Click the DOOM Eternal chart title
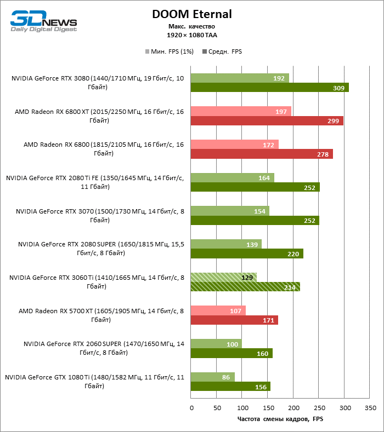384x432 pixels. click(192, 14)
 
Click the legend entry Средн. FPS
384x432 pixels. click(222, 51)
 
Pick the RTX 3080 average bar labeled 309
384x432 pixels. click(269, 88)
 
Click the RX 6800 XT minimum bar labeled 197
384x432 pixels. click(241, 111)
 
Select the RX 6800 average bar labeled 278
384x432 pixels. click(262, 154)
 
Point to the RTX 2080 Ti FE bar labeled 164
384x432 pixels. click(233, 177)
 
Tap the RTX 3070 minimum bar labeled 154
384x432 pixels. click(230, 211)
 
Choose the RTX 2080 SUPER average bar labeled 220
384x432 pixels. click(247, 254)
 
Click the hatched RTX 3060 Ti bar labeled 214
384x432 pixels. click(245, 286)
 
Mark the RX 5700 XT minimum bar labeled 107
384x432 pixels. click(218, 310)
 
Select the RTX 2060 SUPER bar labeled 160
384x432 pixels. click(231, 353)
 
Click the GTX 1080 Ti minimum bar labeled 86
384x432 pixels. click(213, 377)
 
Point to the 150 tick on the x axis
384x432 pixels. click(268, 408)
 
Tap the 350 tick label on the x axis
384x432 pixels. click(370, 408)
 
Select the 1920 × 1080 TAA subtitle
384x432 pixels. click(192, 35)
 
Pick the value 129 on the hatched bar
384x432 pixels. click(247, 278)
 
